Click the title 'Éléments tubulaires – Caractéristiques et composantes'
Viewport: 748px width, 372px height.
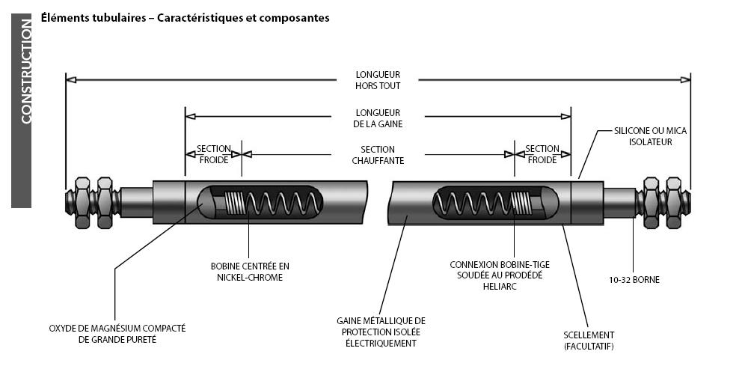click(x=185, y=17)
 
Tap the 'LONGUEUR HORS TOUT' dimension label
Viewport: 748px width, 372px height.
click(x=378, y=79)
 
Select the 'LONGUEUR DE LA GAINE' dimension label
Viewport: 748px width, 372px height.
click(x=378, y=118)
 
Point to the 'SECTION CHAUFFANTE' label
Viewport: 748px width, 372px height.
click(x=378, y=155)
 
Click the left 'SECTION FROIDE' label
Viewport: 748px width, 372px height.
click(x=213, y=154)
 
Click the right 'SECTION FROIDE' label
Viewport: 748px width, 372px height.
click(x=542, y=154)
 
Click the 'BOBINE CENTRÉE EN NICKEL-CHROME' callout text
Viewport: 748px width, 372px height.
click(x=249, y=271)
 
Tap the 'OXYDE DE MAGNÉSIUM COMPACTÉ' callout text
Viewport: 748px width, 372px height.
click(x=117, y=333)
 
